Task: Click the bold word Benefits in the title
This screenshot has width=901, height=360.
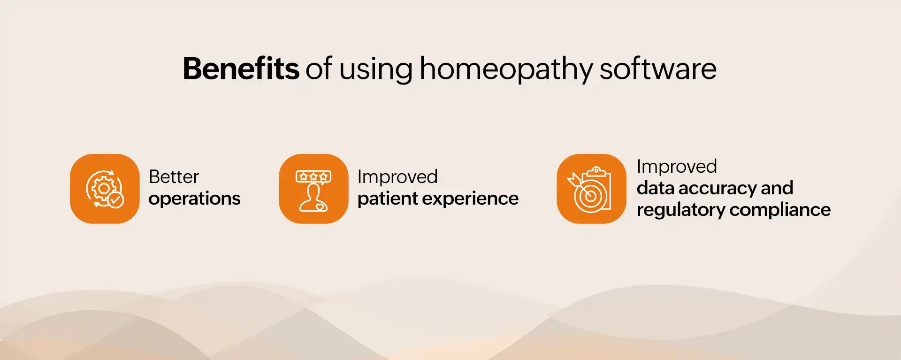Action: tap(241, 69)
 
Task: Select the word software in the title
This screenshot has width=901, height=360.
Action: tap(658, 69)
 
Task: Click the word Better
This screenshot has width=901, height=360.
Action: tap(174, 177)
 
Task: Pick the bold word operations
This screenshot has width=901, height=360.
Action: tap(194, 199)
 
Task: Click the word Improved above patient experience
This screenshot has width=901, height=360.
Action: tap(397, 177)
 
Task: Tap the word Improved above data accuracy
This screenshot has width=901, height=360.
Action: tap(677, 166)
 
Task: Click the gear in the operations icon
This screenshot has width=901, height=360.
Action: tap(103, 188)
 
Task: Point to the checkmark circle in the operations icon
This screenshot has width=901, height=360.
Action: tap(116, 200)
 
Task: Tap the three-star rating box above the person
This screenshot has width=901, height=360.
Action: tap(313, 177)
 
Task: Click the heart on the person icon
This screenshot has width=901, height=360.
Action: tap(319, 206)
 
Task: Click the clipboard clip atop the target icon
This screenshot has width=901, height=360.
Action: tap(596, 170)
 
